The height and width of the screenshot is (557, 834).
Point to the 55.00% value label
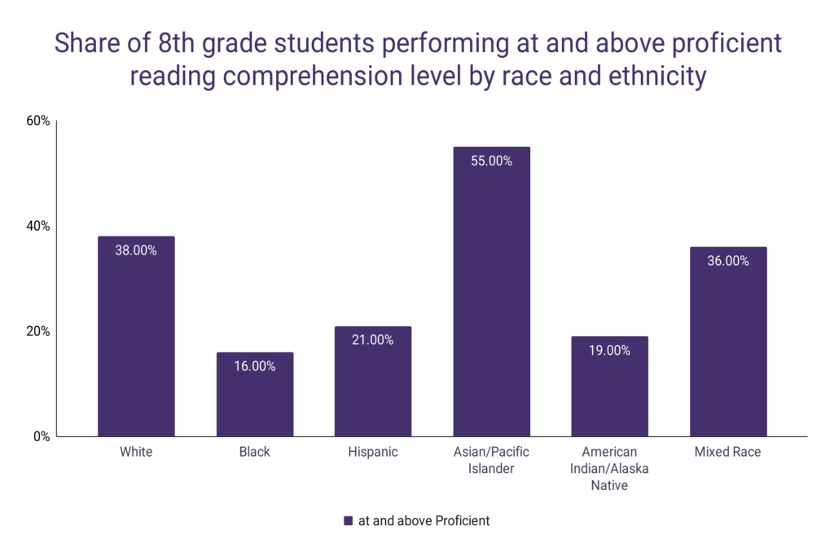click(x=492, y=161)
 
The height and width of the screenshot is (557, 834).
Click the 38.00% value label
click(x=136, y=251)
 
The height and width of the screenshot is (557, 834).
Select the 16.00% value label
click(x=255, y=367)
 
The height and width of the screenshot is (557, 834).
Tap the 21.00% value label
click(x=373, y=341)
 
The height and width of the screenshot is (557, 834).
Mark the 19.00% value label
click(x=610, y=351)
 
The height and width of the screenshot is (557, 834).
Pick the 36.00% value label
click(x=728, y=262)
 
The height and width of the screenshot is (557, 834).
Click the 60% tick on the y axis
click(x=38, y=122)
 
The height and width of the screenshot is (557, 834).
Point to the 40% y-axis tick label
click(x=38, y=227)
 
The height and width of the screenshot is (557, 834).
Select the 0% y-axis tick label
click(x=42, y=436)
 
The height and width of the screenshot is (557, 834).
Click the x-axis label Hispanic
click(x=373, y=452)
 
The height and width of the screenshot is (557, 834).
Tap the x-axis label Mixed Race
click(x=728, y=452)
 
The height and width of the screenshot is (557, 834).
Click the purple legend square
click(x=348, y=520)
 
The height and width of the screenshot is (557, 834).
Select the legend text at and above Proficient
click(x=424, y=520)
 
